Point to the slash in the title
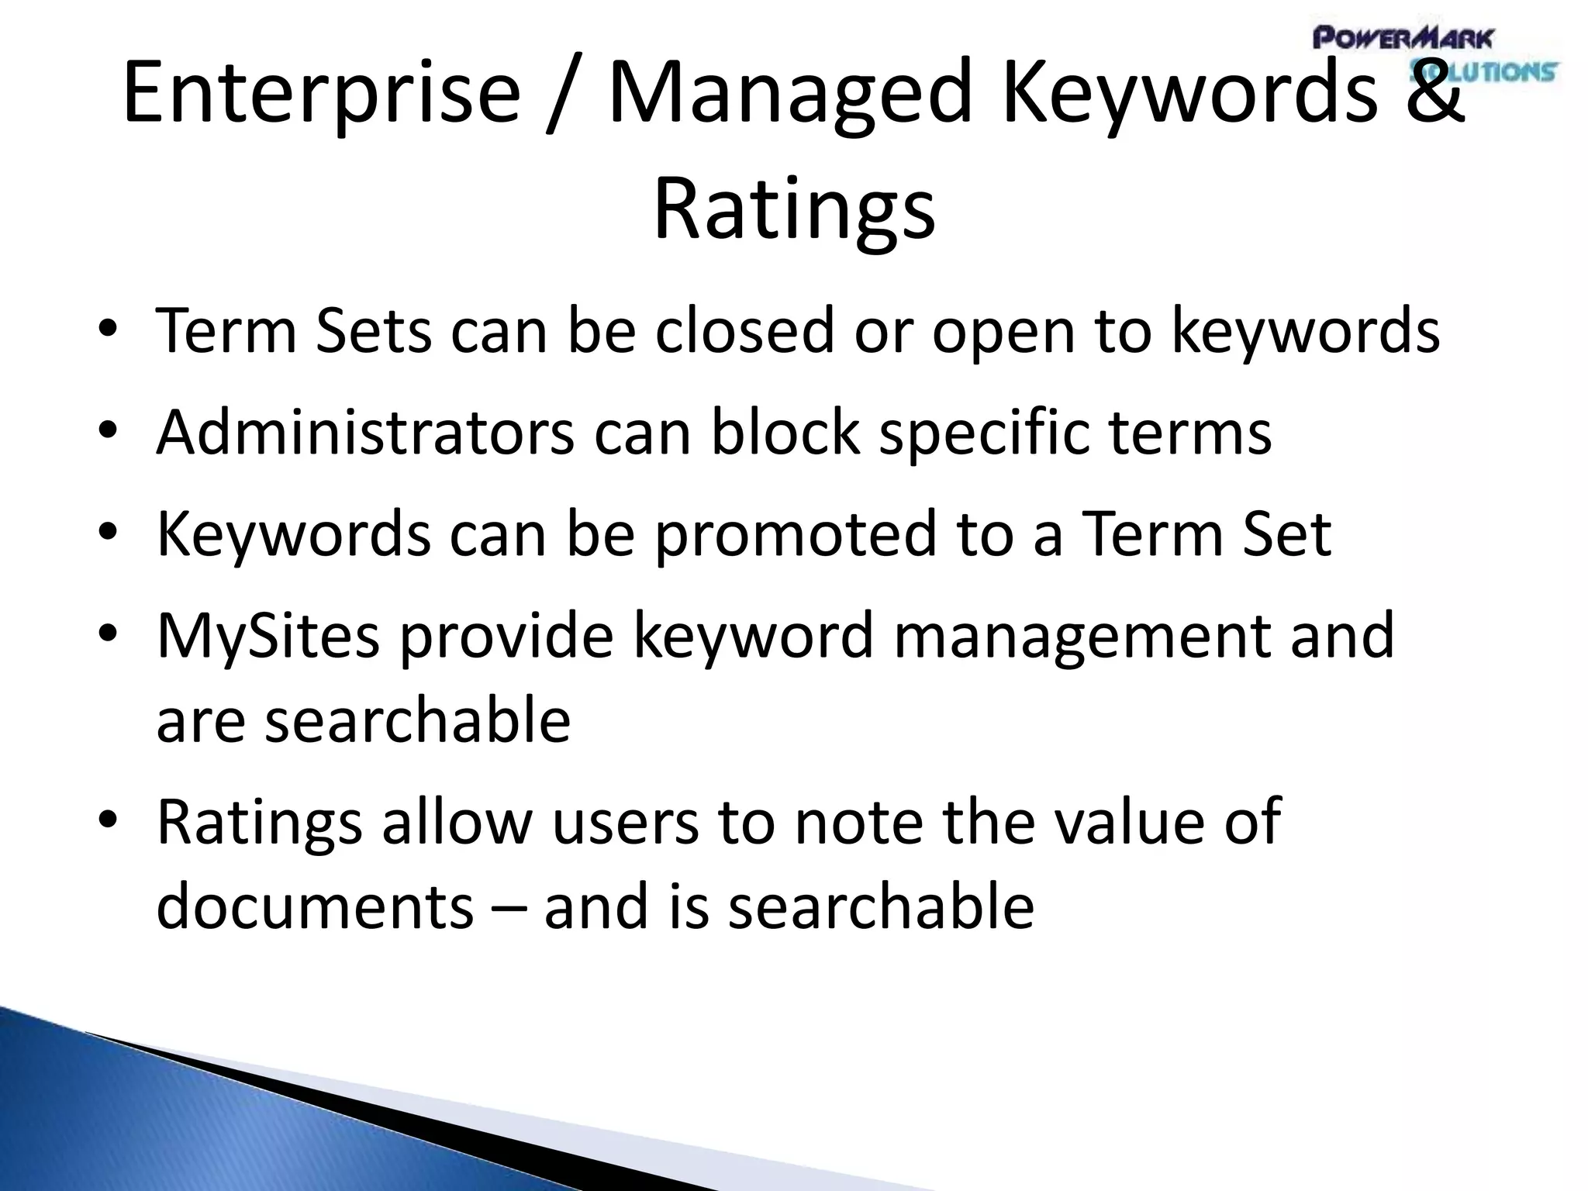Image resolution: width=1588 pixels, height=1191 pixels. point(564,93)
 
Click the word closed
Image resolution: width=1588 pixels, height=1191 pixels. point(744,331)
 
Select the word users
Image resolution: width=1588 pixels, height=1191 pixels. point(625,821)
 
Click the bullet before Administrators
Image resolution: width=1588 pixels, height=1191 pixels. point(108,430)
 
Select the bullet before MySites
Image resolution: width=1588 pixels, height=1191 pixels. point(108,634)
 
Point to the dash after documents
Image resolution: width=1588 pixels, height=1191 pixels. point(508,907)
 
